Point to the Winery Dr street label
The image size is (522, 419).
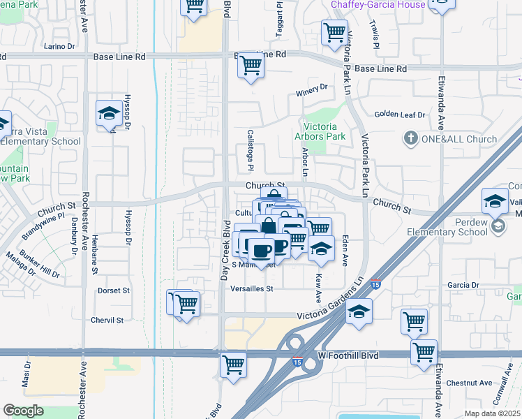coord(311,88)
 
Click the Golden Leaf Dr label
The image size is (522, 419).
coord(400,114)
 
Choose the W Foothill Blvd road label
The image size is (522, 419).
coord(348,355)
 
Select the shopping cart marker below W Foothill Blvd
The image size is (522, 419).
coord(233,365)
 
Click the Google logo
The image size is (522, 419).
coord(23,411)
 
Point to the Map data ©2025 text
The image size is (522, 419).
coord(492,413)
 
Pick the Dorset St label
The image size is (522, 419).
coord(114,290)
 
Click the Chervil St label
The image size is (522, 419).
coord(107,321)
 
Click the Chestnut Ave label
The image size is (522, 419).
coord(470,383)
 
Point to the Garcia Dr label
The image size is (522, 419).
coord(463,285)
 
